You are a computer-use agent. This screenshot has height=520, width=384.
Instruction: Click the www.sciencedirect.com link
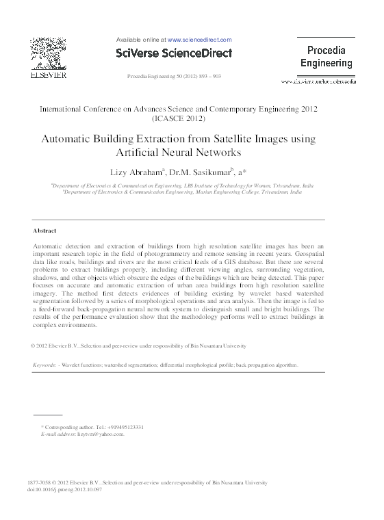pyautogui.click(x=200, y=40)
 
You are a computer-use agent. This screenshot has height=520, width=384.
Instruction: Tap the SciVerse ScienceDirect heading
pyautogui.click(x=174, y=53)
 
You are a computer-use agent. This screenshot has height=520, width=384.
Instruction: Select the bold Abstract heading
pyautogui.click(x=44, y=231)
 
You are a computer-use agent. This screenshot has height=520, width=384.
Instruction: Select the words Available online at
pyautogui.click(x=141, y=40)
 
